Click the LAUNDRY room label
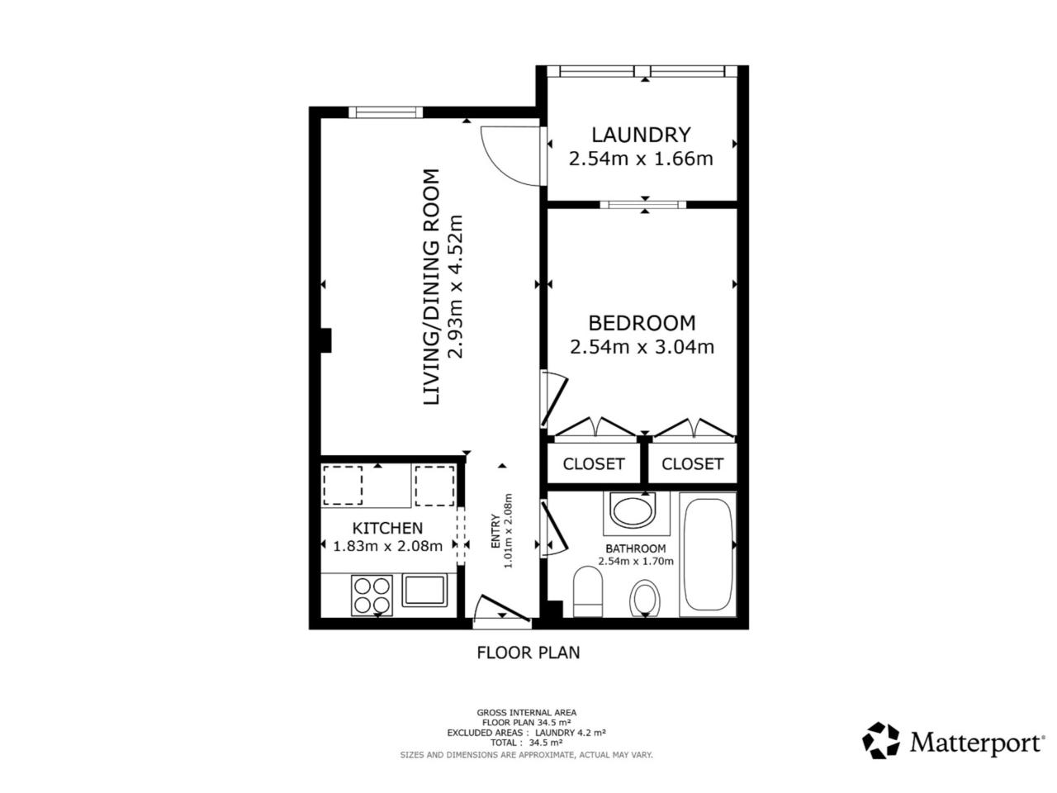[x=641, y=135]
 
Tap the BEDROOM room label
[x=642, y=323]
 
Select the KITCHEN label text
[x=387, y=528]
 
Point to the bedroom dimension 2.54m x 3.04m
[x=642, y=347]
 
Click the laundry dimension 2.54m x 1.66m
[x=641, y=159]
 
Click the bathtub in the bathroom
[x=708, y=554]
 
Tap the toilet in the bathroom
[x=588, y=591]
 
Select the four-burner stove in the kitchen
[x=372, y=595]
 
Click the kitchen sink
[x=424, y=591]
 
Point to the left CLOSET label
[x=593, y=463]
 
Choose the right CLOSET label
[x=692, y=463]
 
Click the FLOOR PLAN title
[x=528, y=653]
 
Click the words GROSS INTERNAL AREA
[x=526, y=713]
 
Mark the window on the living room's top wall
[x=386, y=112]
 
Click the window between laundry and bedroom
[x=642, y=205]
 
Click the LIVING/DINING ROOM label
[x=431, y=287]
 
